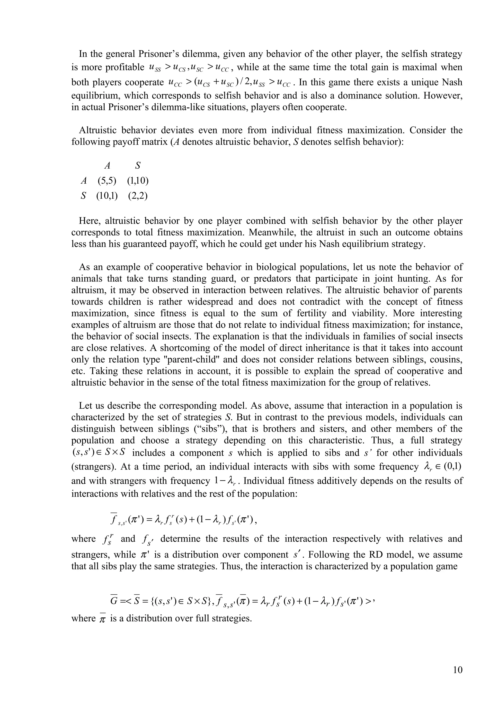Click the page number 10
(x=457, y=670)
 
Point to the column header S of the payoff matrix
(x=138, y=166)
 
